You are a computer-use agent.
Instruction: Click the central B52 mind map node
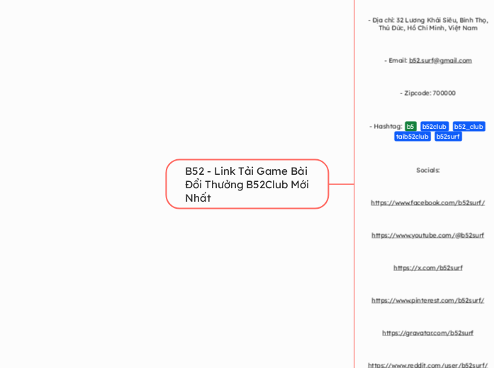(x=247, y=184)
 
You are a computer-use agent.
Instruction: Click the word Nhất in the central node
(x=198, y=198)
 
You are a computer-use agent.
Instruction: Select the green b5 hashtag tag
(x=410, y=127)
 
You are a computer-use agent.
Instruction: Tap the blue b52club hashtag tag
(x=434, y=127)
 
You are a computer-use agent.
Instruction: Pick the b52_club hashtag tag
(x=468, y=127)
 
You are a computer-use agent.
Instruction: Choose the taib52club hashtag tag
(x=412, y=137)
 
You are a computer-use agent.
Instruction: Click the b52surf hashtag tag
(x=448, y=137)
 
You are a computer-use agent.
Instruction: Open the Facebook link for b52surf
(x=427, y=202)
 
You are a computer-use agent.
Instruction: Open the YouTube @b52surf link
(x=427, y=235)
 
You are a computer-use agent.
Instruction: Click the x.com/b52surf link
(x=427, y=268)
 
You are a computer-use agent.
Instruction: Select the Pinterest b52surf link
(x=427, y=300)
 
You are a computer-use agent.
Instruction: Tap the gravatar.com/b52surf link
(x=427, y=333)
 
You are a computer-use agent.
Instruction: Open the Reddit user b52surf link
(x=427, y=364)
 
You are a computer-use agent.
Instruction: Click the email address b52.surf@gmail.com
(x=440, y=61)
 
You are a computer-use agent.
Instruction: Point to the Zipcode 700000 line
(x=427, y=93)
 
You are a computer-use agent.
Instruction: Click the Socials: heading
(x=427, y=170)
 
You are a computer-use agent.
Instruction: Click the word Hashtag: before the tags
(x=386, y=127)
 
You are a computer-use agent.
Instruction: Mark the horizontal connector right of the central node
(x=342, y=184)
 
